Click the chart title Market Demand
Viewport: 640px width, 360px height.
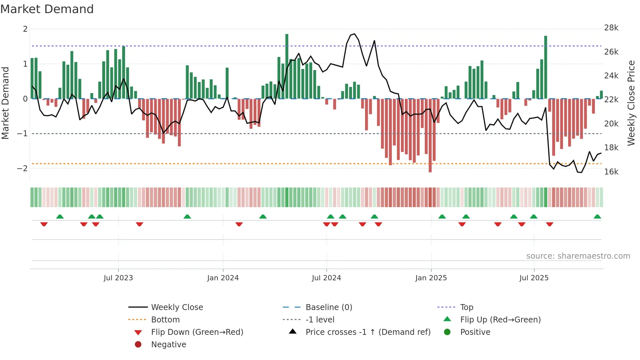click(x=47, y=9)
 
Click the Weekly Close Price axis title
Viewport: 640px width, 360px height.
click(x=631, y=103)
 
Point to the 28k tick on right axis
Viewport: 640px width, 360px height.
click(x=611, y=28)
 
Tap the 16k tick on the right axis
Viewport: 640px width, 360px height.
click(x=611, y=172)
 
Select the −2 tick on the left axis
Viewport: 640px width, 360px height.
click(x=23, y=169)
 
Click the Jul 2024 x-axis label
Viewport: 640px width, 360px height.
click(x=326, y=278)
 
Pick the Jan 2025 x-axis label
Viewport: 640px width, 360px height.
click(x=431, y=278)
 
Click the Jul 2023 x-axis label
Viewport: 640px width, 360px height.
click(x=118, y=278)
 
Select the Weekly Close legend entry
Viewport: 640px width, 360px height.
click(x=177, y=307)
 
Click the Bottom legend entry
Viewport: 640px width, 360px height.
click(x=165, y=320)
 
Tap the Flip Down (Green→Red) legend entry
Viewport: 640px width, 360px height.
click(x=197, y=332)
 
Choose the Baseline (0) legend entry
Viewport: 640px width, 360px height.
click(x=328, y=307)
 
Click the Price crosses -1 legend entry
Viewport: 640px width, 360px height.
click(x=368, y=332)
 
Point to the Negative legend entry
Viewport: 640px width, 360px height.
click(x=168, y=345)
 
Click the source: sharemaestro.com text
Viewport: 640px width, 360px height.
click(x=578, y=256)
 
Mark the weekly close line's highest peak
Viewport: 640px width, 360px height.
click(x=355, y=34)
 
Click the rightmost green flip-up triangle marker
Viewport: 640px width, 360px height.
click(x=597, y=217)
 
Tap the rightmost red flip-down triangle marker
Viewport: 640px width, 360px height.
click(x=550, y=224)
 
